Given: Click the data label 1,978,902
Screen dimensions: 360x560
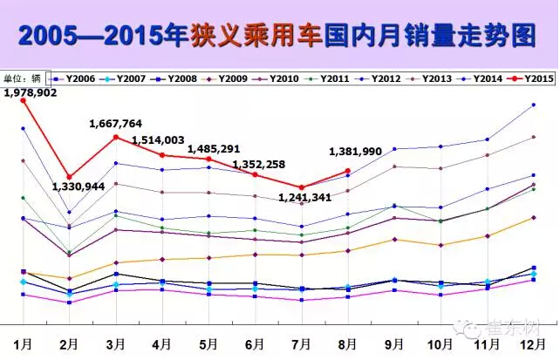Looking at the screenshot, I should pyautogui.click(x=30, y=92).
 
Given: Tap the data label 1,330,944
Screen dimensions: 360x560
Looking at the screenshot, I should pyautogui.click(x=79, y=186).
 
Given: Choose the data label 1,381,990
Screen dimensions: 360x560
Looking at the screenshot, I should pyautogui.click(x=355, y=152).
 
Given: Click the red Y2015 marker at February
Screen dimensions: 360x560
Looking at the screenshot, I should pyautogui.click(x=69, y=177).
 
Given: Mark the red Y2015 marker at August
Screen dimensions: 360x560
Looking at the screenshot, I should pyautogui.click(x=348, y=171).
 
